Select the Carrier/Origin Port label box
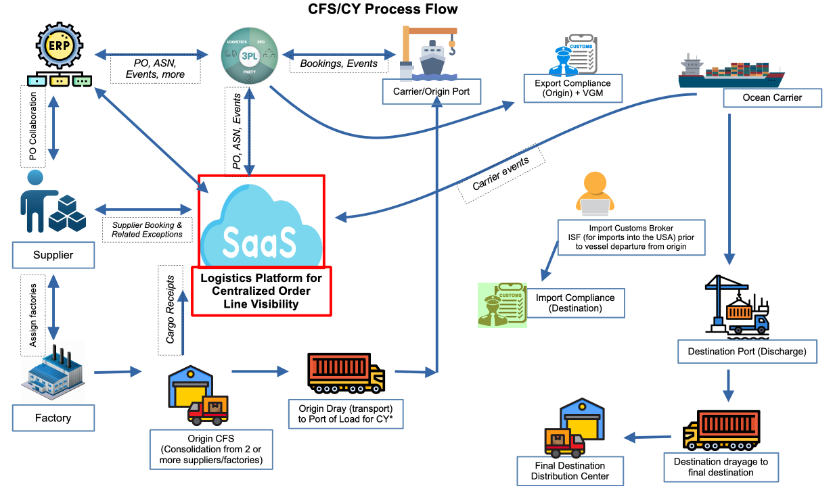click(x=431, y=91)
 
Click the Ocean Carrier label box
click(x=772, y=98)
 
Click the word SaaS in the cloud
click(x=260, y=241)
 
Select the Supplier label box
click(x=53, y=256)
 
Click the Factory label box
click(x=53, y=418)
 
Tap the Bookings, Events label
click(x=334, y=64)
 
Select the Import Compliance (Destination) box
click(x=575, y=303)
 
